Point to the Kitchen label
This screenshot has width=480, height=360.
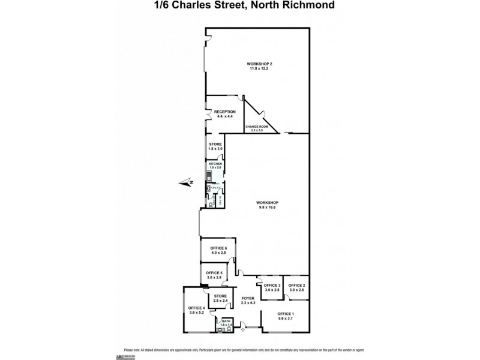[215, 164]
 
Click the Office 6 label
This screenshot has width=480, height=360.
[218, 248]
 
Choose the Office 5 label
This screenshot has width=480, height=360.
[214, 273]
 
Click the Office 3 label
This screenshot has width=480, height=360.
[272, 285]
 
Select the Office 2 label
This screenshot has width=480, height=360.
[297, 285]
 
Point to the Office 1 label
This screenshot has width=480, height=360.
[286, 314]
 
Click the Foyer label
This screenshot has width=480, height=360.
[248, 298]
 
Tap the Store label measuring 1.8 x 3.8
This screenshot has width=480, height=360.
[215, 144]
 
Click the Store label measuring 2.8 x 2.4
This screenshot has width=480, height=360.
[221, 296]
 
